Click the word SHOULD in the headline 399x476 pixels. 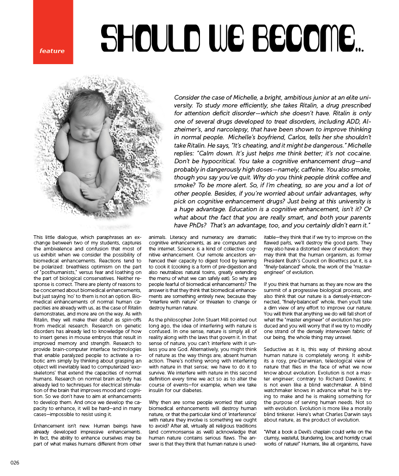click(x=143, y=38)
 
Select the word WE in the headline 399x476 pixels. click(x=218, y=38)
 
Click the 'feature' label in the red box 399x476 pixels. click(x=52, y=51)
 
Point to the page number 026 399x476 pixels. click(x=15, y=463)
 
